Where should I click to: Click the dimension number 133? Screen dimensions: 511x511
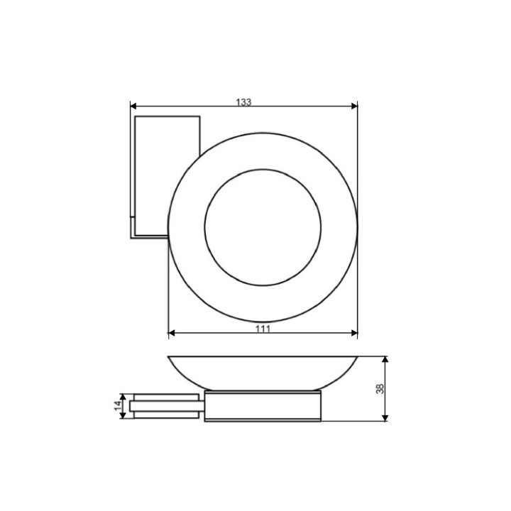point(243,102)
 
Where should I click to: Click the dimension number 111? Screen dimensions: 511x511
point(263,329)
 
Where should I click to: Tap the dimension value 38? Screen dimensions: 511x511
point(380,389)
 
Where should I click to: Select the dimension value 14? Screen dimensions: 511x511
point(118,406)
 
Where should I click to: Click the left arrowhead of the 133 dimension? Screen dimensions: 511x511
point(133,106)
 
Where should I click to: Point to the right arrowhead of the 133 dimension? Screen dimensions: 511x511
point(354,106)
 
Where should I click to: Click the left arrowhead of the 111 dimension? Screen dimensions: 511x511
point(172,333)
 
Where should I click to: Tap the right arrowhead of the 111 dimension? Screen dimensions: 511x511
point(354,333)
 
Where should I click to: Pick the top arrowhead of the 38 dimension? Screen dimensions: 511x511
point(385,360)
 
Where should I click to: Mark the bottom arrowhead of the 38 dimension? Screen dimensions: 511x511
point(385,418)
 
